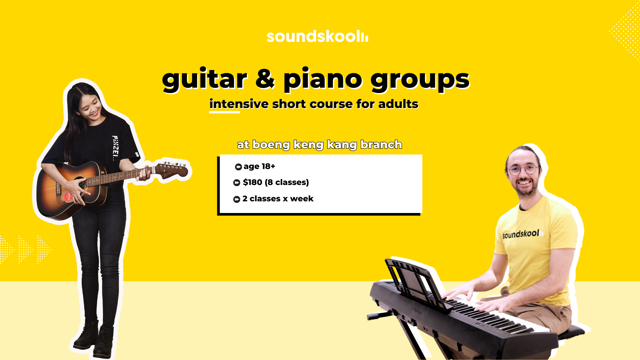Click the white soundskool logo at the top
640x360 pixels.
[x=317, y=36]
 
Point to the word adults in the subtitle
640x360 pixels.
[x=398, y=104]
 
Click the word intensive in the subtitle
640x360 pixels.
[x=239, y=104]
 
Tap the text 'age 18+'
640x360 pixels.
[x=259, y=166]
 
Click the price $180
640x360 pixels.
[x=252, y=182]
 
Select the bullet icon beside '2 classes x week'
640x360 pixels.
[x=237, y=199]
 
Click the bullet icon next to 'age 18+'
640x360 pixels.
[x=238, y=167]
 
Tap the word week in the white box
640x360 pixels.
[x=302, y=199]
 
